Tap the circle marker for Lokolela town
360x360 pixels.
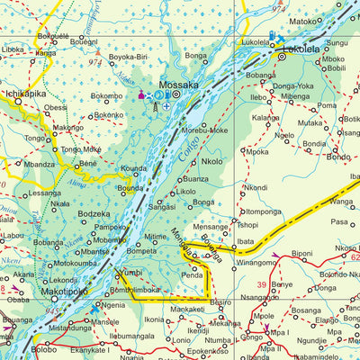(280, 55)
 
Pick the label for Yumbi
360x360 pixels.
(131, 272)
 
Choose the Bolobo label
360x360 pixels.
(44, 349)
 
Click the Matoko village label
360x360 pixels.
(302, 21)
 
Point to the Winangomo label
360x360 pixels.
(256, 263)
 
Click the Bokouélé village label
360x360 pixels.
(55, 36)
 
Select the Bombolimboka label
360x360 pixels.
(136, 291)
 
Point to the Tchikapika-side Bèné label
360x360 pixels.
(87, 165)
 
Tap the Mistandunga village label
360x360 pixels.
(70, 328)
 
